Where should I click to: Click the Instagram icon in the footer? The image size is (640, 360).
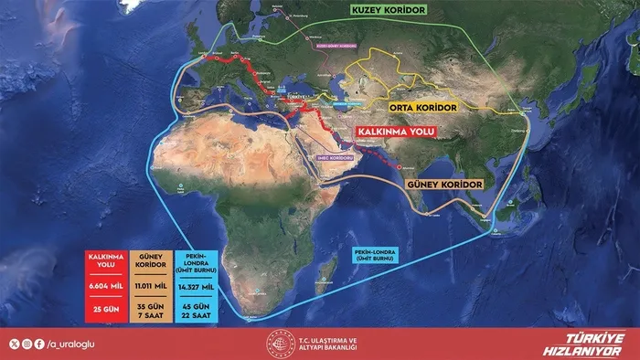[25, 344]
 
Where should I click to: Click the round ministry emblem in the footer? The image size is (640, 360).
[277, 344]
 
